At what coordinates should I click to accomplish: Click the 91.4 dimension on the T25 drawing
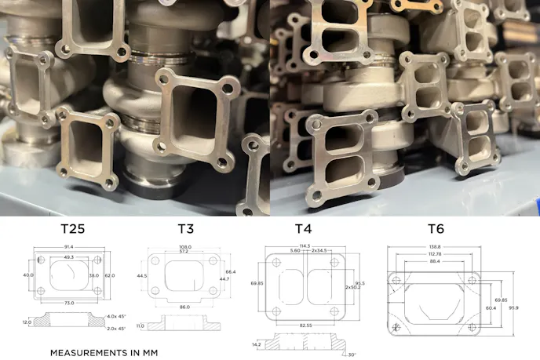click(69, 248)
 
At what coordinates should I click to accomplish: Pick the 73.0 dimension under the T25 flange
click(70, 303)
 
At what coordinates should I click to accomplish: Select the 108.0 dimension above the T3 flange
click(185, 245)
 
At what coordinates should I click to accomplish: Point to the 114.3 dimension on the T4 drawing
click(303, 246)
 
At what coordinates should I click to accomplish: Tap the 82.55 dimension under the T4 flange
click(304, 325)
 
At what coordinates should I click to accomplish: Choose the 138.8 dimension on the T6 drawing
click(435, 246)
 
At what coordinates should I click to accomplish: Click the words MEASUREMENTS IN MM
click(104, 353)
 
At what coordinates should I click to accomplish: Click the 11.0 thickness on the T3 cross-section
click(141, 325)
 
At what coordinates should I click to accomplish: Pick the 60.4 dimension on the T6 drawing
click(491, 307)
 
